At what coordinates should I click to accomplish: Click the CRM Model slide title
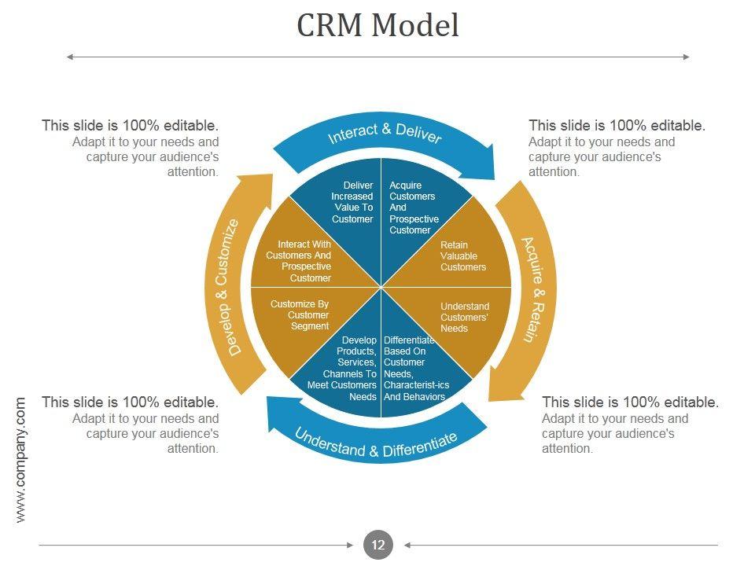coord(377,25)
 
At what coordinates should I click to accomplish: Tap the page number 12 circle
coord(378,545)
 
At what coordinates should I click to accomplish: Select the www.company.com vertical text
coord(20,460)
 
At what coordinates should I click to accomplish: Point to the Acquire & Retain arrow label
coord(535,290)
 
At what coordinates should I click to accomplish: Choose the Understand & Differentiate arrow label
coord(376,443)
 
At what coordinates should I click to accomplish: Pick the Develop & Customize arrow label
coord(227,288)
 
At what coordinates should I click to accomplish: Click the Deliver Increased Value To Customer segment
coord(346,207)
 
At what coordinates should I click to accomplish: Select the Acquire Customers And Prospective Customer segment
coord(414,207)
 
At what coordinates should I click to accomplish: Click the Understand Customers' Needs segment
coord(463,318)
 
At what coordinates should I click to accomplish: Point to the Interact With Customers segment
coord(300,260)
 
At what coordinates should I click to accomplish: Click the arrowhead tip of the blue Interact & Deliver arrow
coord(494,179)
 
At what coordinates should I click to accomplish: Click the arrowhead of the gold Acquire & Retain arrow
coord(489,400)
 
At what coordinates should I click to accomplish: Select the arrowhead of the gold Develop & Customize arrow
coord(273,175)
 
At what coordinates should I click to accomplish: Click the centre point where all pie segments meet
coord(381,288)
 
